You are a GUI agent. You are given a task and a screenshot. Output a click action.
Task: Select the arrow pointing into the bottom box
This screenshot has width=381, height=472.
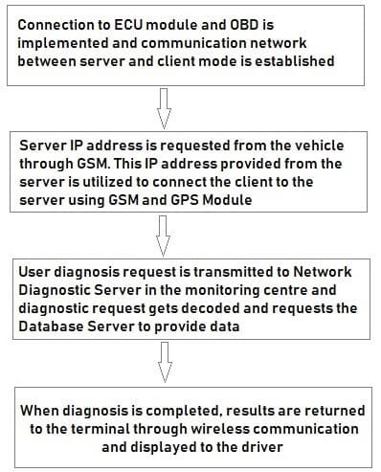(x=164, y=361)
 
